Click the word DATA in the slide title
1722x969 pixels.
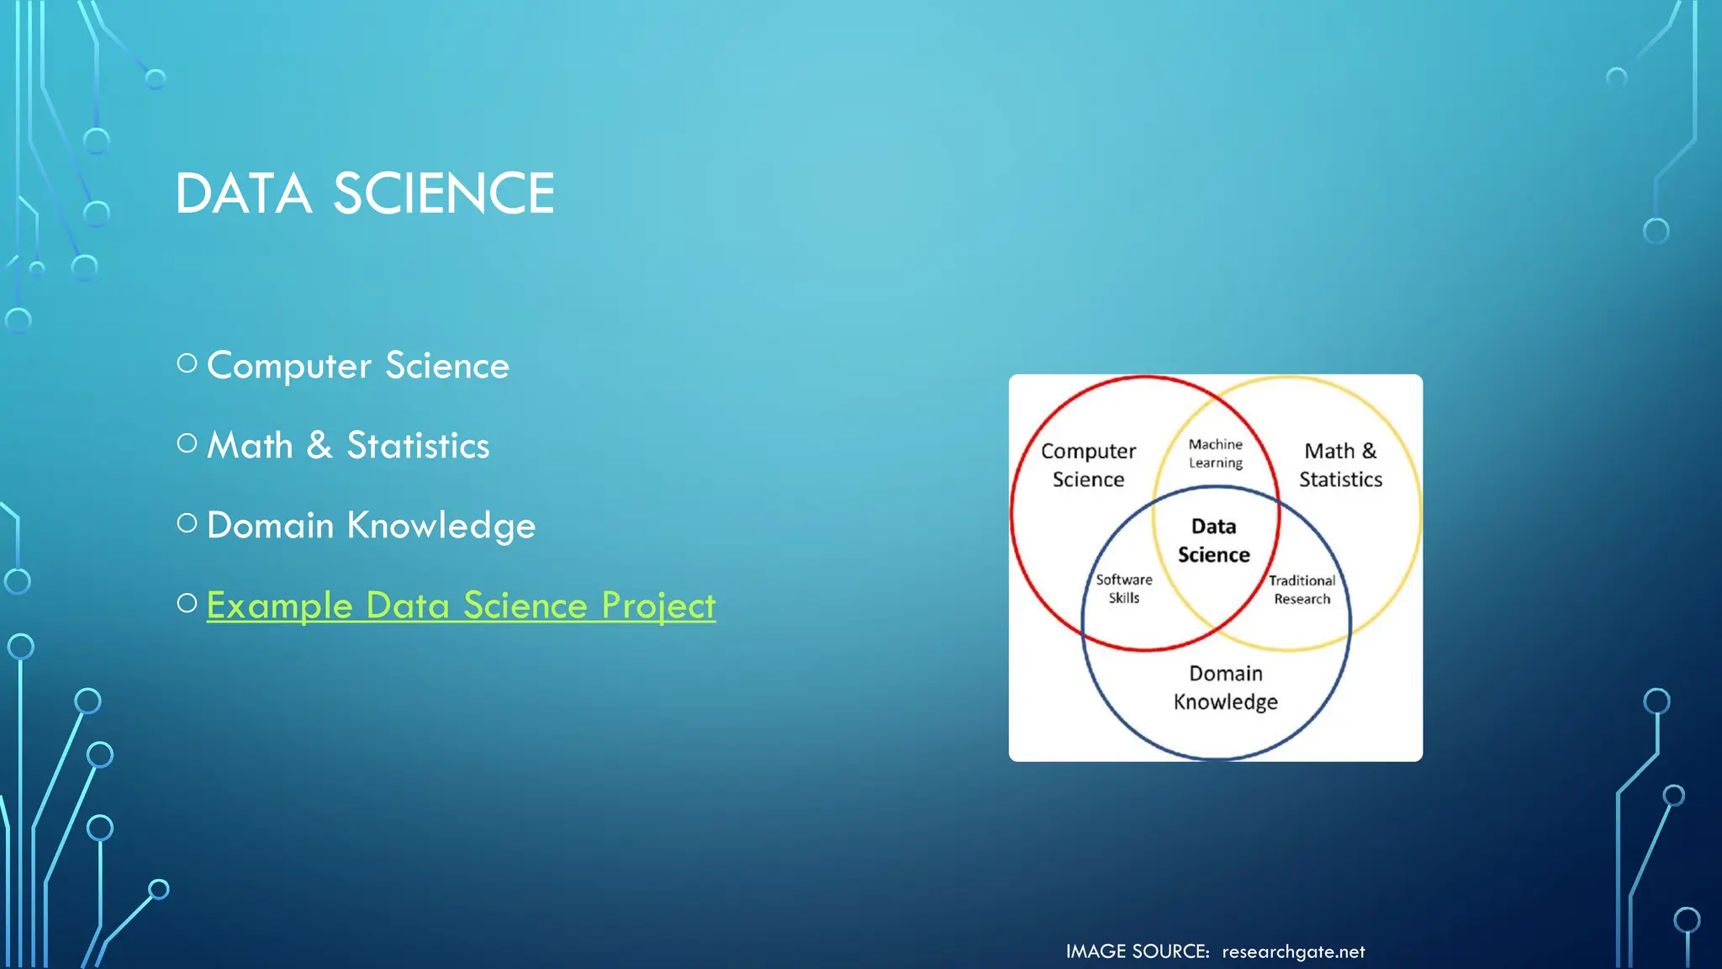point(244,194)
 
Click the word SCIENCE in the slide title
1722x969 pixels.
point(444,194)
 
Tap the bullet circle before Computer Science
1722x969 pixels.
point(188,363)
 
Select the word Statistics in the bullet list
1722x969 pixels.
point(418,446)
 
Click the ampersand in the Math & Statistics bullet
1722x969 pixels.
point(320,445)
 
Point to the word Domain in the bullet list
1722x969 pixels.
point(271,526)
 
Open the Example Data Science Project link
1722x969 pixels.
point(461,606)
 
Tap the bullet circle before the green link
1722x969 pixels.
point(188,603)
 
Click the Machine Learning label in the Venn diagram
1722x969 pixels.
point(1215,453)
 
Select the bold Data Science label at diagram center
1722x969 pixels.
point(1213,540)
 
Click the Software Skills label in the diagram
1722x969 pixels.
point(1124,589)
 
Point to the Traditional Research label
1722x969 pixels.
point(1302,590)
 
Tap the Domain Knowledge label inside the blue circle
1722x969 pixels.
point(1225,687)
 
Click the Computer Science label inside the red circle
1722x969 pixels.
point(1088,465)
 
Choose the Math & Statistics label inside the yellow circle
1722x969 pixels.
point(1340,465)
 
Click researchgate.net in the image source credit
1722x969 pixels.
point(1293,952)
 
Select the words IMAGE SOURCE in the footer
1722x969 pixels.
point(1137,952)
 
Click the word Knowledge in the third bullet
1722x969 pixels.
point(441,526)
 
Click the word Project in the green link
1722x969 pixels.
point(658,606)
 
